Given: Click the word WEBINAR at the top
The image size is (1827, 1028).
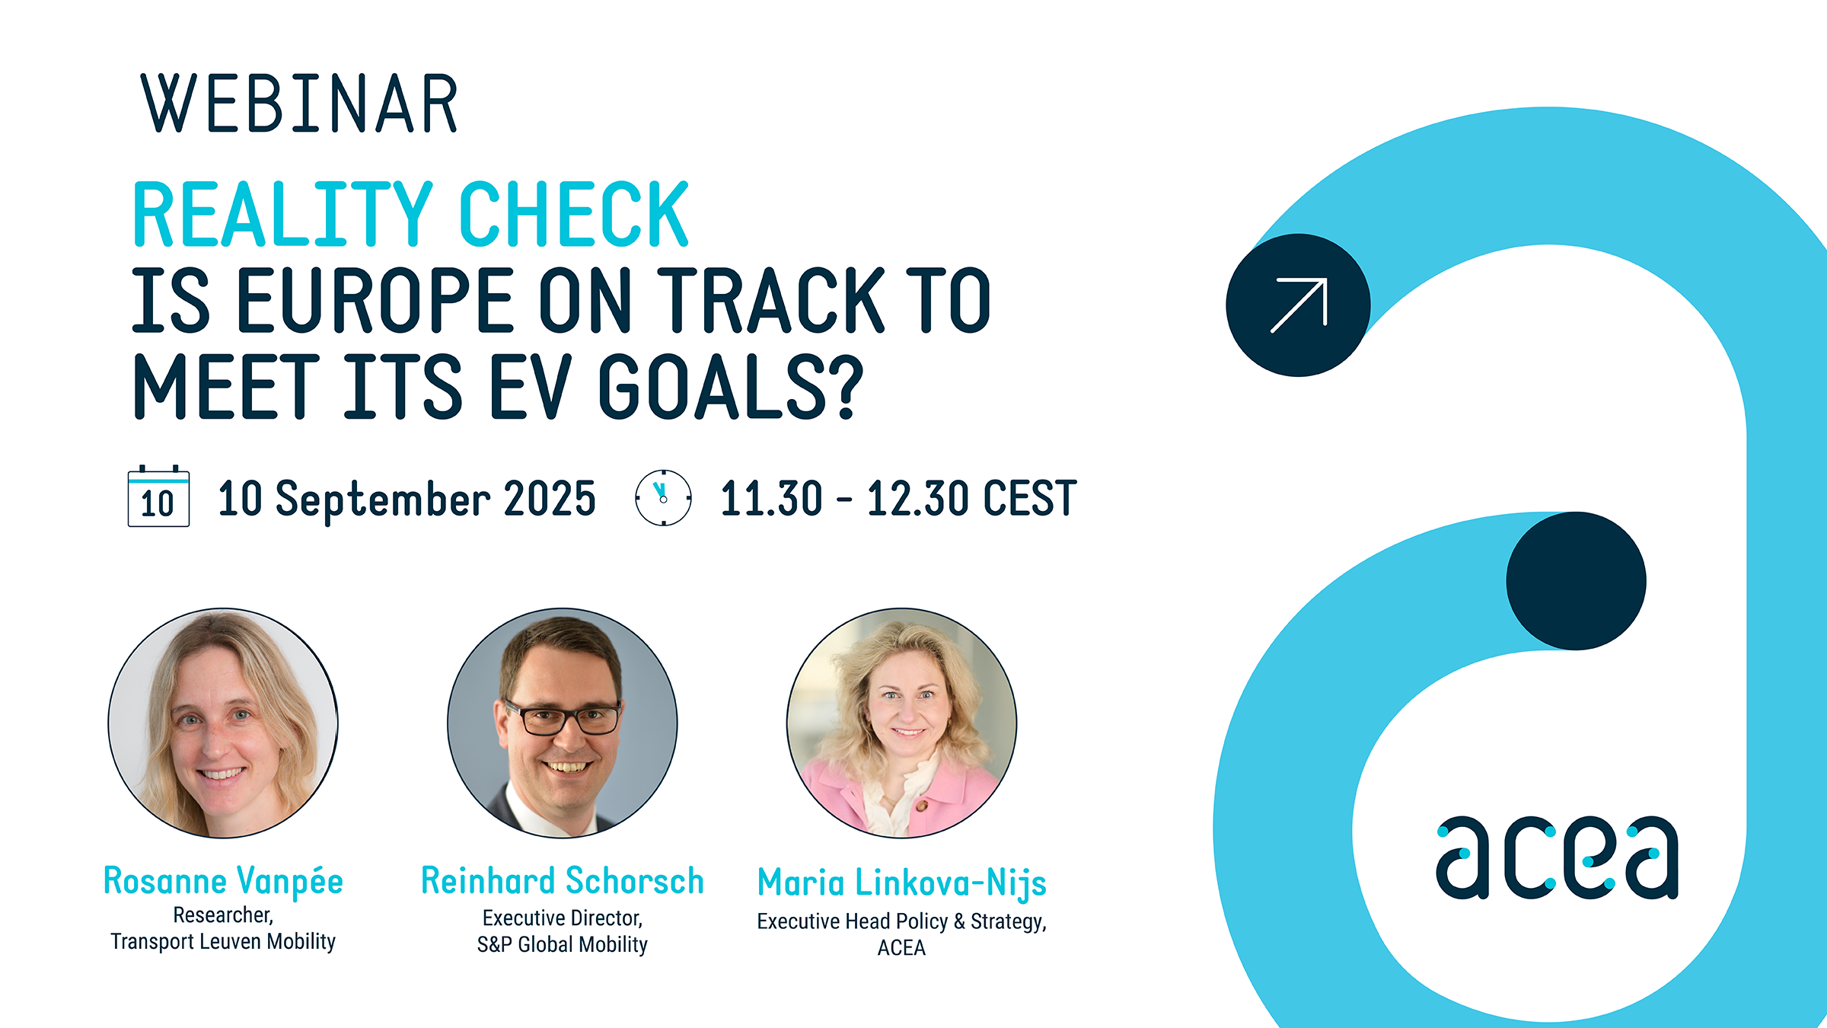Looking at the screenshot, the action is click(299, 104).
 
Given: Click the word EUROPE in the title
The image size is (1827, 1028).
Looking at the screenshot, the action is click(376, 300).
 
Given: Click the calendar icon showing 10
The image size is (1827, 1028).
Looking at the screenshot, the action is click(158, 496).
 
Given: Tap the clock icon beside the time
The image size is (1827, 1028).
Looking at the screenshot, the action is click(663, 498).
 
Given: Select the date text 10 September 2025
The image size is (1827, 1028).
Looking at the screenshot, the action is click(407, 499).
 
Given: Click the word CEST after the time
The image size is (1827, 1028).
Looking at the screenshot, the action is click(1030, 499).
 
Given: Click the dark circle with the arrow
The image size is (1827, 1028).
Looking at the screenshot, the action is click(1298, 305).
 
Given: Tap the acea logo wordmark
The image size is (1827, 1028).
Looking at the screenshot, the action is click(1557, 857).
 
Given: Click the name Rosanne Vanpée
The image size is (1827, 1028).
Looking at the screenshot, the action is click(223, 881).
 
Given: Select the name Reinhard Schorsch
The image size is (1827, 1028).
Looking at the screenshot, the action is click(563, 881).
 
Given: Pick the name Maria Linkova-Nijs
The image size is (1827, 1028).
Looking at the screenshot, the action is click(902, 883).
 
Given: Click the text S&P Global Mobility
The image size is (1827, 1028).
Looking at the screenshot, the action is click(563, 944).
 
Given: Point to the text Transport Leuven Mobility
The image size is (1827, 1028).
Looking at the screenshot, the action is click(223, 941).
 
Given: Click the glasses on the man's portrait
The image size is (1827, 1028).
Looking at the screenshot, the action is click(563, 717).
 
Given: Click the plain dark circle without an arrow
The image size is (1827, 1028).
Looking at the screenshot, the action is click(1576, 581).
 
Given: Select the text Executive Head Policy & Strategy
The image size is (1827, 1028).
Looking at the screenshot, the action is click(902, 921).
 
